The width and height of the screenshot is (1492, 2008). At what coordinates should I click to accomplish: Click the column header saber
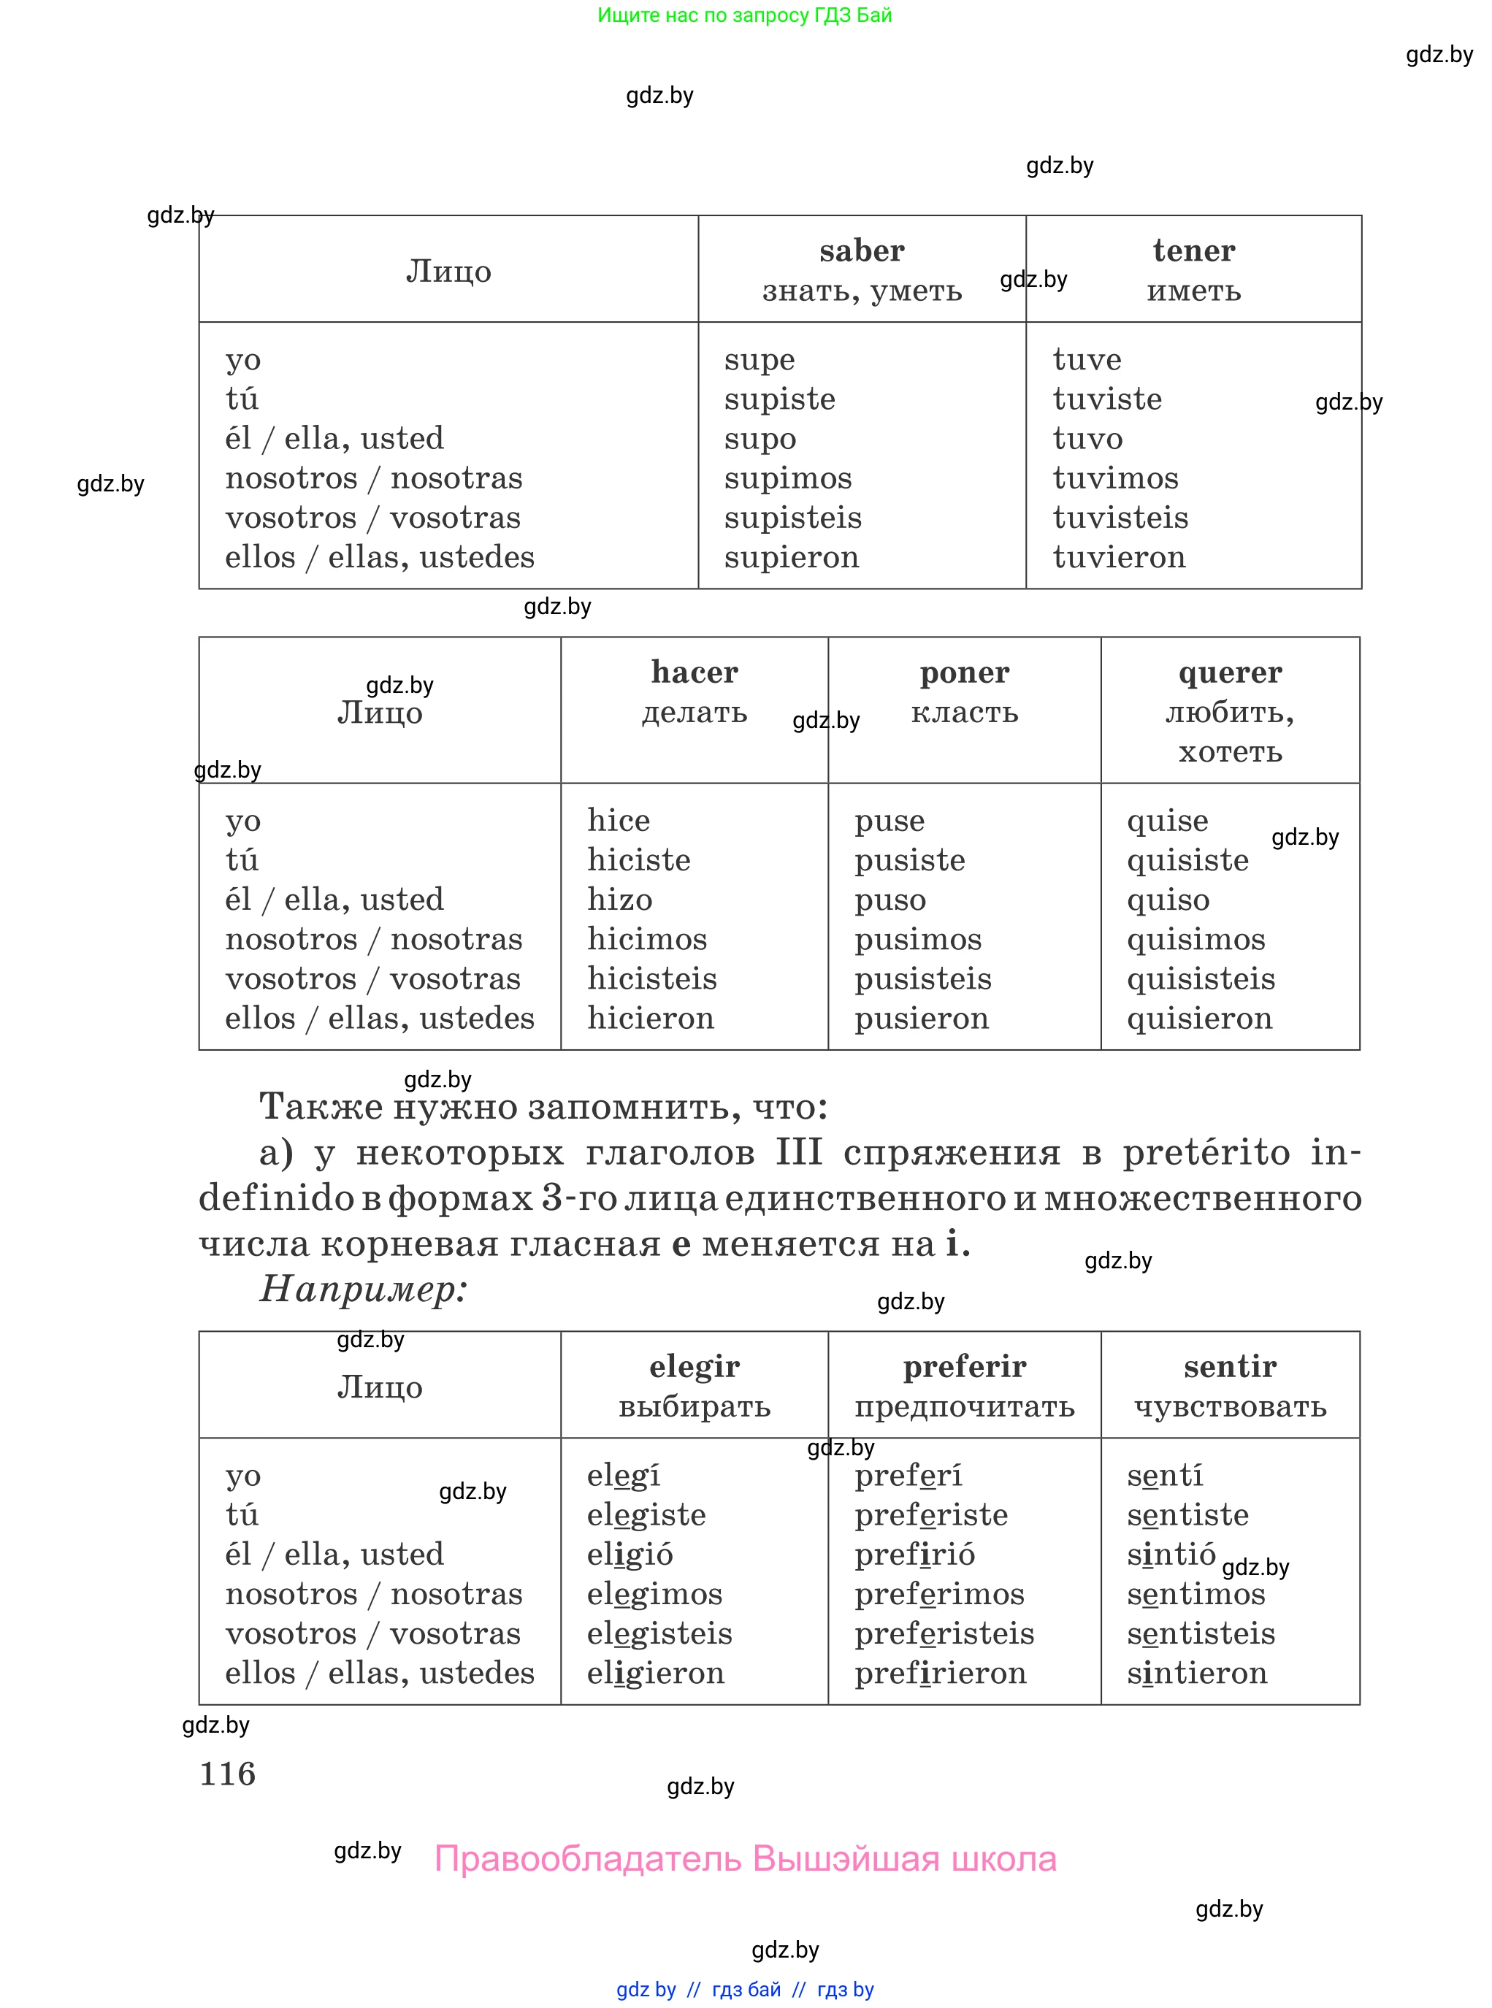point(862,251)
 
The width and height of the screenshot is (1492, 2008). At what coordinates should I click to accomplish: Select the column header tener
point(1193,251)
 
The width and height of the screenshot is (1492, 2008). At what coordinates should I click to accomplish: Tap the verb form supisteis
point(792,518)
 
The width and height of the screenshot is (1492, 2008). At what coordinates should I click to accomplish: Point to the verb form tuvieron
point(1119,558)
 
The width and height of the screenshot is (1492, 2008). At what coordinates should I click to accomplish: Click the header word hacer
point(695,672)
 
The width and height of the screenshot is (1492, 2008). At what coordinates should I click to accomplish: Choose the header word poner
point(965,672)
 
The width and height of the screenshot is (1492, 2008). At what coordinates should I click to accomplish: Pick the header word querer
point(1230,672)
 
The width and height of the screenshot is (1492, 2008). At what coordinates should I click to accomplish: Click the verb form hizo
point(619,900)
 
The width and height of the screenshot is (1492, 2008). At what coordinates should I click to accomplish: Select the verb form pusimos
point(917,940)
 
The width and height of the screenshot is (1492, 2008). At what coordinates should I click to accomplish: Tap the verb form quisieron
point(1199,1019)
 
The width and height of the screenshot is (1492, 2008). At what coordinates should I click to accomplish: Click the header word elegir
point(695,1367)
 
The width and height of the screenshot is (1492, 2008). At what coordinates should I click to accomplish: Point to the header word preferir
point(965,1367)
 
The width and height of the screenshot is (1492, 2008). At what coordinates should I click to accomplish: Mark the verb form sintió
point(1171,1555)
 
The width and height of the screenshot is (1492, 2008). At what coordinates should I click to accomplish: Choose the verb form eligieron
point(656,1674)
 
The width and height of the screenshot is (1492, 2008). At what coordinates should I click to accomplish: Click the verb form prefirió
point(915,1555)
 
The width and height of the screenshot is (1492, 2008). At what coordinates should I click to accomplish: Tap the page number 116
point(228,1774)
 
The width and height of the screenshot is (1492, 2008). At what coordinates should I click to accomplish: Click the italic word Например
point(363,1290)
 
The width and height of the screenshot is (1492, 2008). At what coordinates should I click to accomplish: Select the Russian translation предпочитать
point(965,1406)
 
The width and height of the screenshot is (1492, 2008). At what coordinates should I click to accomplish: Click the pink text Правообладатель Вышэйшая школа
point(745,1860)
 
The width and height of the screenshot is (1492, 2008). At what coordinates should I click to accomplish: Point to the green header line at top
point(744,15)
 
